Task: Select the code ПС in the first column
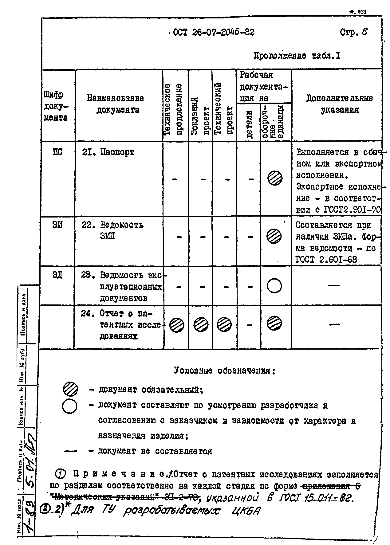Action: (x=57, y=152)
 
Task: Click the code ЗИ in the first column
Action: (x=57, y=225)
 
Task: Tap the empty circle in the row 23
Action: (x=274, y=286)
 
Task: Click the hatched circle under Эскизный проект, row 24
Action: (x=201, y=324)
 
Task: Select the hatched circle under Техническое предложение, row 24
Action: (x=177, y=324)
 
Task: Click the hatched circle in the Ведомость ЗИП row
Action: (x=274, y=237)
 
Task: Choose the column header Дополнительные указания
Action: (x=339, y=104)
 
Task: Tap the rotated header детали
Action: (x=249, y=124)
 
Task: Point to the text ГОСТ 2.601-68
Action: (x=326, y=260)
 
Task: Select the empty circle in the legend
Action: (x=70, y=407)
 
